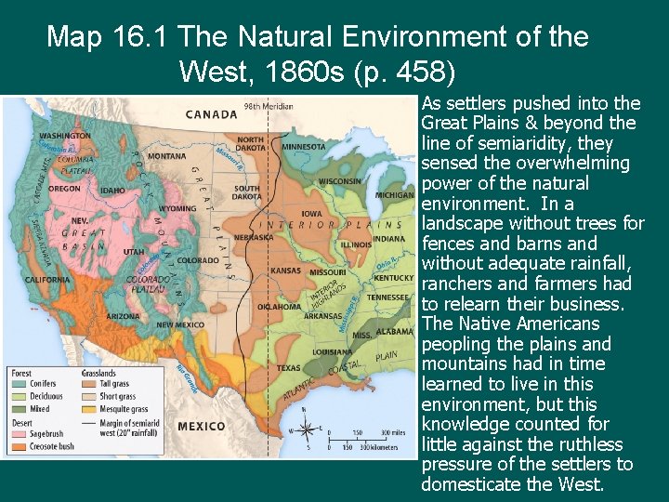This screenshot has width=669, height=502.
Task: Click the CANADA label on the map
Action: (x=213, y=115)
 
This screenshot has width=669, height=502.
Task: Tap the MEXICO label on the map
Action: (x=202, y=426)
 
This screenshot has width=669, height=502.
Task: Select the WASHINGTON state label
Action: (x=65, y=136)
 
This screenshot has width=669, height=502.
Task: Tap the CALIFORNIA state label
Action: (x=47, y=279)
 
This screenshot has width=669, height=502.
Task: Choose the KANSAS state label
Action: (x=285, y=271)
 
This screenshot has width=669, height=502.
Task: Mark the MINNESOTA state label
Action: (x=304, y=147)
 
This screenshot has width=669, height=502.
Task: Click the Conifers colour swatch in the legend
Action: (x=20, y=383)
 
